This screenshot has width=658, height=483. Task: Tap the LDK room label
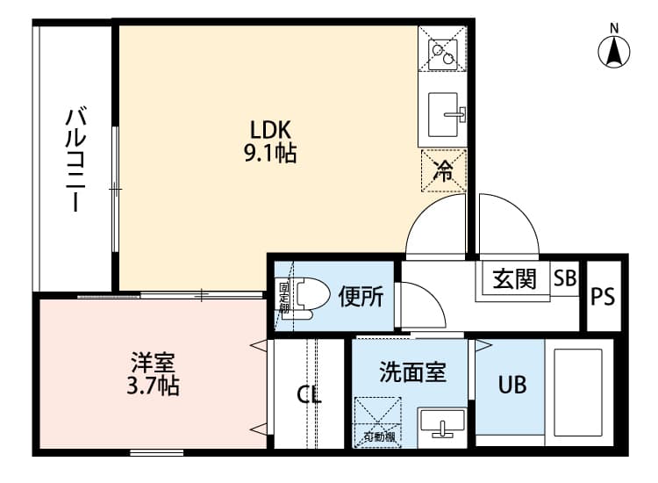pos(270,129)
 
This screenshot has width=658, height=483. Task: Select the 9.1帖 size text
pos(270,155)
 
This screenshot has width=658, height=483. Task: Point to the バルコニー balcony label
pos(76,159)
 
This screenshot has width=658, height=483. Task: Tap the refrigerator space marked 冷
pos(444,169)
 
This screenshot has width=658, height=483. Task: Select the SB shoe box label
pos(565,278)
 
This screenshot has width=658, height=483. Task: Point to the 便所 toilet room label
pos(360,297)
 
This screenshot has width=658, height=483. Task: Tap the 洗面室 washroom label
pos(412,372)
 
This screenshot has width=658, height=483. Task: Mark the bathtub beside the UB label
pos(578,392)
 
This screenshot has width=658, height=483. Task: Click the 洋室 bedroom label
pos(154,361)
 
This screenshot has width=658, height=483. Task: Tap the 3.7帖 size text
pos(154,386)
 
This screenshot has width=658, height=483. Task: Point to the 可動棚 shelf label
pos(378,436)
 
